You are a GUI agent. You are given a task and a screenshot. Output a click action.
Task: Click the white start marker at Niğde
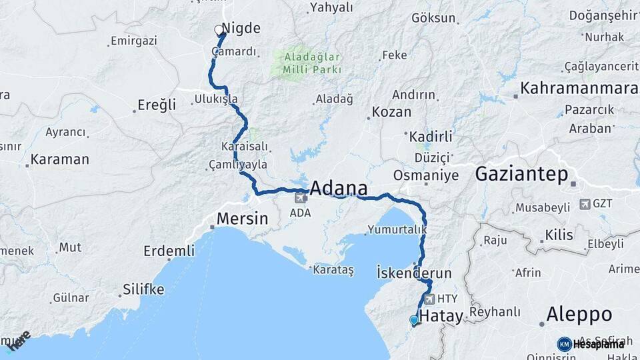click(218, 30)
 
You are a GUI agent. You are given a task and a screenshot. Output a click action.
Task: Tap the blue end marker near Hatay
click(414, 321)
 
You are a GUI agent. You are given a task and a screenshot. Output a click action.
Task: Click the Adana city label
click(339, 187)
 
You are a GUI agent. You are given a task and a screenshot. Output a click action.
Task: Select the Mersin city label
click(243, 218)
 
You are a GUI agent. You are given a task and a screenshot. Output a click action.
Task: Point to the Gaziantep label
click(521, 175)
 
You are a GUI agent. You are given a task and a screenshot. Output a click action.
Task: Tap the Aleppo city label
click(579, 314)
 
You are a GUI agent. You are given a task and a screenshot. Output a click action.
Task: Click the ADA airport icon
click(300, 197)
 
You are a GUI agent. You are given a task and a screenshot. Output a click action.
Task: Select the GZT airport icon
click(585, 204)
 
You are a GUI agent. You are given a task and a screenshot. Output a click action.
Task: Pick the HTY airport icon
click(429, 299)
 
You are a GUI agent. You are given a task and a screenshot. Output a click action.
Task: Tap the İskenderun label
click(414, 273)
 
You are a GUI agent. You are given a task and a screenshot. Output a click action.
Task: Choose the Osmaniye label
click(426, 175)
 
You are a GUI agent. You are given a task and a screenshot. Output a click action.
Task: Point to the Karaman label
click(59, 159)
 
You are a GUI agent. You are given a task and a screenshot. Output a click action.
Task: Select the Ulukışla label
click(216, 99)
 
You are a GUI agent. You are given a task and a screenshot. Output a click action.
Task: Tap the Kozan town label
click(391, 111)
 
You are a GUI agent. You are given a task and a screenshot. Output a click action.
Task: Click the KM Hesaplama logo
click(591, 344)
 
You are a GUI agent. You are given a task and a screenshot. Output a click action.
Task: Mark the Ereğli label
click(157, 105)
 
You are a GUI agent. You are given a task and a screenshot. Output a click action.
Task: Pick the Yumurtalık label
click(396, 230)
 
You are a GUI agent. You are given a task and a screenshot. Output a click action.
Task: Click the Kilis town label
click(559, 235)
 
